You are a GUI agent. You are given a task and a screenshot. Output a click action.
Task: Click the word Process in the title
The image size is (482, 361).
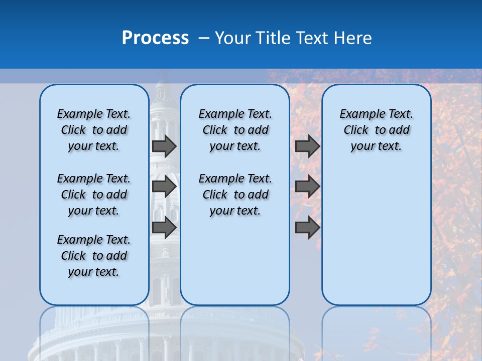[155, 38]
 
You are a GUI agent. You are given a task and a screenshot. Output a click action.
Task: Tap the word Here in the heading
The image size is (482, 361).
[352, 38]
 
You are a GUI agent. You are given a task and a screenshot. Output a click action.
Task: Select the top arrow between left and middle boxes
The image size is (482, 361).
[164, 146]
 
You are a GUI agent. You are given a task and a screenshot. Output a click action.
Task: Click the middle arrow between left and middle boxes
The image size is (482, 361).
[164, 187]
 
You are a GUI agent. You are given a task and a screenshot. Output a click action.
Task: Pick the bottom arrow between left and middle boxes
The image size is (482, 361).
[164, 227]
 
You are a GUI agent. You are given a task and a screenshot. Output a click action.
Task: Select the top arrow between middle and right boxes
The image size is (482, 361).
[307, 146]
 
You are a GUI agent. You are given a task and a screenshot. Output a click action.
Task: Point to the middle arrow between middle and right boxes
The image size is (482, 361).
[307, 187]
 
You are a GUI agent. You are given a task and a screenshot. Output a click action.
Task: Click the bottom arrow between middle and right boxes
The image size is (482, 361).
[307, 227]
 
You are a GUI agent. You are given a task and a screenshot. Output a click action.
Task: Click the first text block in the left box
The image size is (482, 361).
[94, 130]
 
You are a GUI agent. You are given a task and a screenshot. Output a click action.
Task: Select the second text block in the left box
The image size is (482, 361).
[94, 195]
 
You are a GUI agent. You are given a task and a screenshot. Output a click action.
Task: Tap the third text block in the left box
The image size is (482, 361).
[94, 256]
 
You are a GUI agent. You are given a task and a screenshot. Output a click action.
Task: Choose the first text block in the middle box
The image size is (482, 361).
[235, 130]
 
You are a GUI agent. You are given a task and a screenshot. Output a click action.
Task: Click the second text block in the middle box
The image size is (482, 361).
[235, 195]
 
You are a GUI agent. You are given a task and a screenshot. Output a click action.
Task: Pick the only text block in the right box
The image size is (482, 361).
[376, 130]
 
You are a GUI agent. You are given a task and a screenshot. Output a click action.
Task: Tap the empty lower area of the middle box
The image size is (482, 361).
[235, 261]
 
